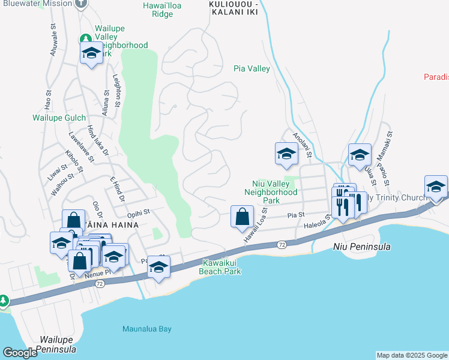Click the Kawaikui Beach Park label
pos(221,267)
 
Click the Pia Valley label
pos(252,69)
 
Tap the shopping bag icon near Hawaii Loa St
pos(242,217)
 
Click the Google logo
pos(20,353)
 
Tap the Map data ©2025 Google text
pos(411,355)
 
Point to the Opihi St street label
pos(137,212)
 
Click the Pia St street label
pos(293,214)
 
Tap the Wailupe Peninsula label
pos(56,344)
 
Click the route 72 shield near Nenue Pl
pos(99,283)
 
